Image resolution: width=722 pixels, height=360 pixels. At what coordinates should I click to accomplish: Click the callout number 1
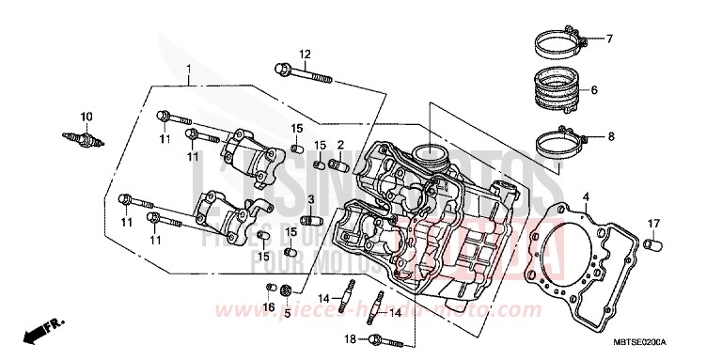coord(188,70)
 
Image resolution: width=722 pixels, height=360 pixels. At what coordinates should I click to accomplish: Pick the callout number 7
coord(608,39)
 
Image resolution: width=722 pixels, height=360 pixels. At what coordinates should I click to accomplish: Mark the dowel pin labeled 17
coord(649,245)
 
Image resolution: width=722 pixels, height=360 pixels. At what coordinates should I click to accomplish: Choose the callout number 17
coord(651,223)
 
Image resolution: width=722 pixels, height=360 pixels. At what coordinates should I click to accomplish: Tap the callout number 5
coord(287,313)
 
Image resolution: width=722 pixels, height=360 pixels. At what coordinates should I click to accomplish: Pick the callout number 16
coord(267,307)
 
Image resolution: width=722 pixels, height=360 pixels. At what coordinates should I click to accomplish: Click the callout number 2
coord(340,145)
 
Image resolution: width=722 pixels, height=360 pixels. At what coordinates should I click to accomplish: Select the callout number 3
coord(311,200)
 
